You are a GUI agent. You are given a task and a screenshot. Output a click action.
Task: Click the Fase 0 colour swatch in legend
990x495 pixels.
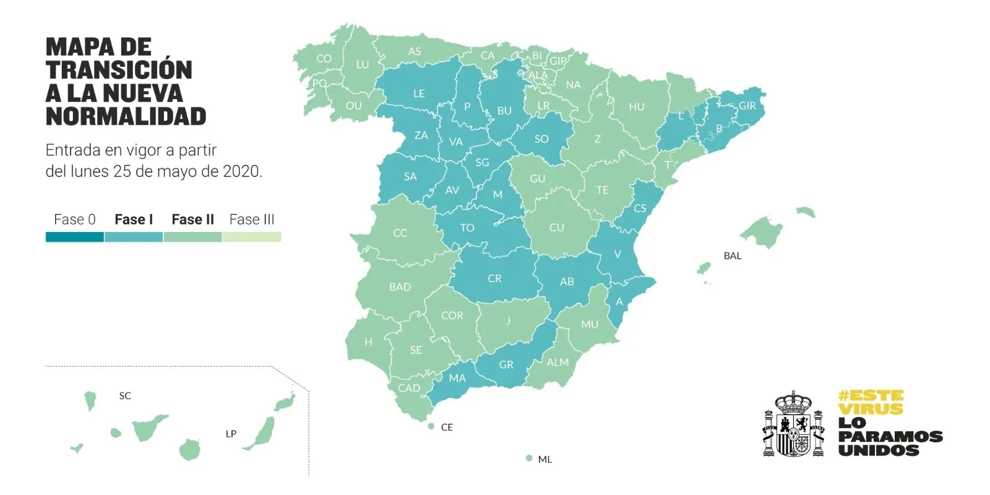pyautogui.click(x=74, y=237)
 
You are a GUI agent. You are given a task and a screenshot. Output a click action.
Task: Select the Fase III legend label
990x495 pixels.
pyautogui.click(x=251, y=220)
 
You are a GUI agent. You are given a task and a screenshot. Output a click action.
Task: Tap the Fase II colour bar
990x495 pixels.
pyautogui.click(x=192, y=237)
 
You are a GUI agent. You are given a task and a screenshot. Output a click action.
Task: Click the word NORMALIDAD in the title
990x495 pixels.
pyautogui.click(x=126, y=116)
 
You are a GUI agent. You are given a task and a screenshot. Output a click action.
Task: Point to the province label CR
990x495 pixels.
pyautogui.click(x=494, y=278)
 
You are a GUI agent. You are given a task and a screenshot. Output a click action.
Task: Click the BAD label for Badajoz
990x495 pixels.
pyautogui.click(x=400, y=287)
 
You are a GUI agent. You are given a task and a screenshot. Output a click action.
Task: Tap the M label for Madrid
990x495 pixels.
pyautogui.click(x=497, y=194)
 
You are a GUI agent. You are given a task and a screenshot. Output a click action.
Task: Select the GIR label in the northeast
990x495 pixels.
pyautogui.click(x=747, y=106)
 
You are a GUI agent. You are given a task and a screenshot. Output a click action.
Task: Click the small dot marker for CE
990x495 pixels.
pyautogui.click(x=431, y=426)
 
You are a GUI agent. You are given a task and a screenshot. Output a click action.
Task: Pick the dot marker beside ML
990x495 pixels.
pyautogui.click(x=528, y=458)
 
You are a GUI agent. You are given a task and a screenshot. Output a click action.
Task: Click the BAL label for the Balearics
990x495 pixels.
pyautogui.click(x=732, y=256)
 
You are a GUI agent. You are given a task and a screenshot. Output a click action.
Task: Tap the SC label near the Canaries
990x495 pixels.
pyautogui.click(x=125, y=396)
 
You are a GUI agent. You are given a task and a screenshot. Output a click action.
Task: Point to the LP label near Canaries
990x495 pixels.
pyautogui.click(x=231, y=434)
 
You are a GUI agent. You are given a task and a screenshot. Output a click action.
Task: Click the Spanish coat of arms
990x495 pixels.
pyautogui.click(x=793, y=424)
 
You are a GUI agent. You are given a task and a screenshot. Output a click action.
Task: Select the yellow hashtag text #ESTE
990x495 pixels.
pyautogui.click(x=871, y=395)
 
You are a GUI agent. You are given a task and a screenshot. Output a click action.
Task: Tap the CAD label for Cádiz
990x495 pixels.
pyautogui.click(x=409, y=388)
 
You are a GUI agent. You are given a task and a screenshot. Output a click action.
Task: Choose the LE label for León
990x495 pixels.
pyautogui.click(x=419, y=93)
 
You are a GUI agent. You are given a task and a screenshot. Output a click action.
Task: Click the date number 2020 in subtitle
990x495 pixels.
pyautogui.click(x=241, y=171)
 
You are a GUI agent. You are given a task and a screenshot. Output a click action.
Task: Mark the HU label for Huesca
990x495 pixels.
pyautogui.click(x=636, y=107)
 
